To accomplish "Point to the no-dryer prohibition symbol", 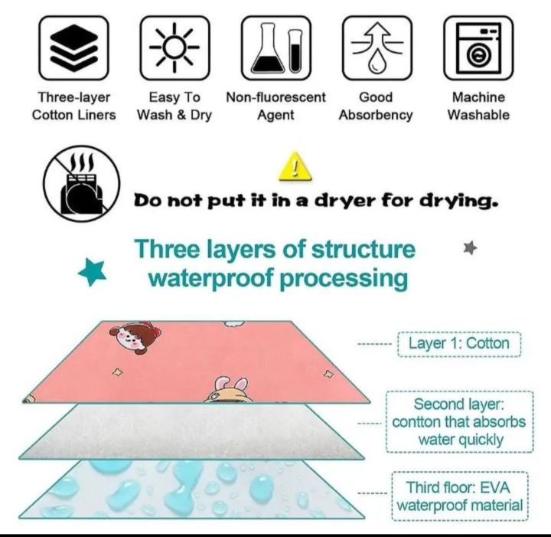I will pyautogui.click(x=82, y=184).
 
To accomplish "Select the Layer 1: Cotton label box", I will pyautogui.click(x=458, y=343).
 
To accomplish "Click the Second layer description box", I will pyautogui.click(x=458, y=422).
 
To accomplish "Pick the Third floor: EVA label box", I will pyautogui.click(x=460, y=496).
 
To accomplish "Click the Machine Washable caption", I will pyautogui.click(x=478, y=106).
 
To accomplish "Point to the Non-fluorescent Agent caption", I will pyautogui.click(x=275, y=106).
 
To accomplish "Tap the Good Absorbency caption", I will pyautogui.click(x=375, y=106).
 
